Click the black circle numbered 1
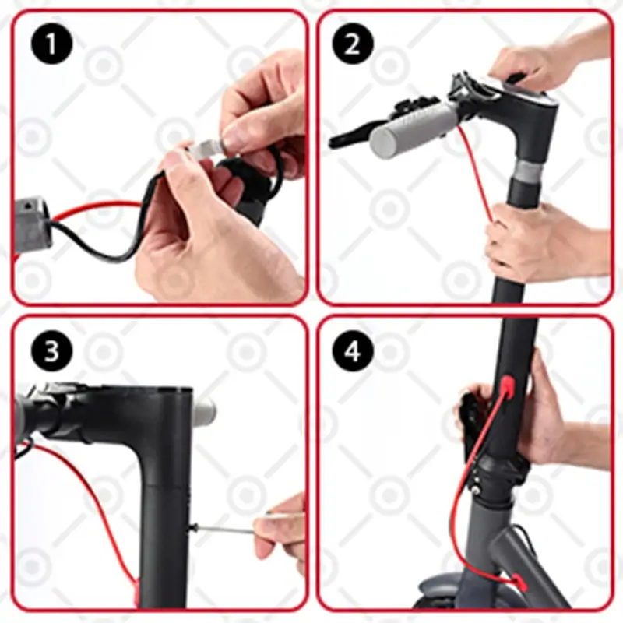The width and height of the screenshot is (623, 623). pos(51,44)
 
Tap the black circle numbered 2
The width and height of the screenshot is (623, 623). pos(353,44)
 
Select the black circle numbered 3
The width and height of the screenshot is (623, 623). pos(51,351)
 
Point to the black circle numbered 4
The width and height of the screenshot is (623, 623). pos(353,351)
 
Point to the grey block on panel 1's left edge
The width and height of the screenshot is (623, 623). pos(32,224)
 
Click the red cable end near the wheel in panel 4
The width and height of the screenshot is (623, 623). pos(519,583)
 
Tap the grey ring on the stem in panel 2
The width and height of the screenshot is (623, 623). pos(529,170)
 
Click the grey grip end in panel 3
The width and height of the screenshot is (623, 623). pos(205,410)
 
